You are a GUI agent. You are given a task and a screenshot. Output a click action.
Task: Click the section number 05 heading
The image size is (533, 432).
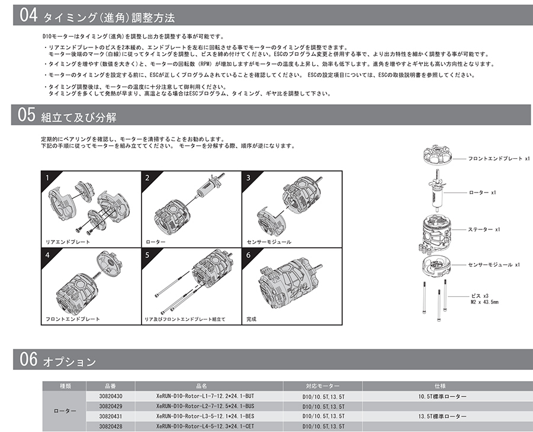coord(28,115)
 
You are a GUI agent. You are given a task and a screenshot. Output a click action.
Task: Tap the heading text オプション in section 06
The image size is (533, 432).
coord(69,361)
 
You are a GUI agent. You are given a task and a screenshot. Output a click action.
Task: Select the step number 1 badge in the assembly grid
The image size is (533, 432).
coord(47,177)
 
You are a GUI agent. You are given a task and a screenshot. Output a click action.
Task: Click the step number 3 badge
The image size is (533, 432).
coord(248,177)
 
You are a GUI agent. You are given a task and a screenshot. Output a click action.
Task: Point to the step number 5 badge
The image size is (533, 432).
coord(147,255)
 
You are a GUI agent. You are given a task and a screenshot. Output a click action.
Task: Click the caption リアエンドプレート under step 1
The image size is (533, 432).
coord(68,243)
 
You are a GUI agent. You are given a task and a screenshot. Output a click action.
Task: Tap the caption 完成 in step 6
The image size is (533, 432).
coord(252,319)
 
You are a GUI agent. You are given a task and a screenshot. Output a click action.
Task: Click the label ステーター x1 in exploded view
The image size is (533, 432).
coord(484,229)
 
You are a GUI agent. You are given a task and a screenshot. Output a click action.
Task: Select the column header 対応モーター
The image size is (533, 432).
coord(323,385)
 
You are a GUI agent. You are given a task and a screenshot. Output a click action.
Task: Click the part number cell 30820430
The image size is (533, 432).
coord(111,396)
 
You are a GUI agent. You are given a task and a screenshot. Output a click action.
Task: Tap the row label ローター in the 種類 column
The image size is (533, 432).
coord(65,411)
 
